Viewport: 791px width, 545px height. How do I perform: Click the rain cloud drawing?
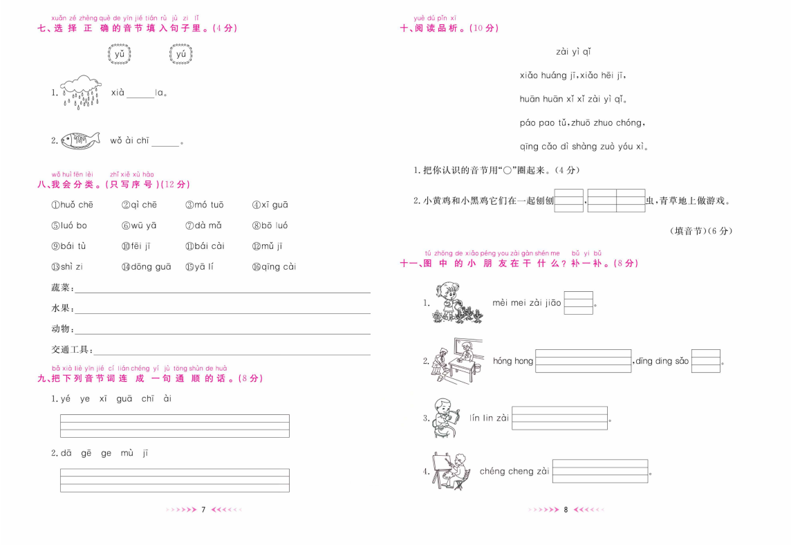pyautogui.click(x=81, y=92)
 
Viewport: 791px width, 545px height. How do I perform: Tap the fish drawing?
pyautogui.click(x=80, y=140)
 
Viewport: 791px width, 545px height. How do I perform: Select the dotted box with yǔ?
pyautogui.click(x=119, y=54)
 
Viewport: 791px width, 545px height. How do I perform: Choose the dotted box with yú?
pyautogui.click(x=180, y=54)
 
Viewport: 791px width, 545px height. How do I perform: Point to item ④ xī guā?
pyautogui.click(x=270, y=205)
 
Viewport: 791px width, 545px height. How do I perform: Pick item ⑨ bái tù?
pyautogui.click(x=68, y=246)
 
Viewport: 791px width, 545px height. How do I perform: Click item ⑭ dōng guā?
pyautogui.click(x=146, y=267)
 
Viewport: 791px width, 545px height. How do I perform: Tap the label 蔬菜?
pyautogui.click(x=61, y=288)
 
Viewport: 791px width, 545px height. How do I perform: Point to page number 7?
pyautogui.click(x=203, y=510)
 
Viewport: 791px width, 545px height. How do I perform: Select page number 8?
pyautogui.click(x=566, y=510)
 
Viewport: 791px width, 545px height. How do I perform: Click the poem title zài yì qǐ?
pyautogui.click(x=573, y=52)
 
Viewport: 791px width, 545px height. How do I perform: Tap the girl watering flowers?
pyautogui.click(x=457, y=302)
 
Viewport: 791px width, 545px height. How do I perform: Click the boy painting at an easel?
pyautogui.click(x=451, y=471)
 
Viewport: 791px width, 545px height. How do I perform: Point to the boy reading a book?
pyautogui.click(x=447, y=418)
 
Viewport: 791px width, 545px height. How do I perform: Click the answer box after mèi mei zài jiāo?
pyautogui.click(x=578, y=303)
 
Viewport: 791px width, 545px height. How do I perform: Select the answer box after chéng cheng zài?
pyautogui.click(x=599, y=471)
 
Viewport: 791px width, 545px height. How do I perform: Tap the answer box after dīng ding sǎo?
pyautogui.click(x=706, y=361)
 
